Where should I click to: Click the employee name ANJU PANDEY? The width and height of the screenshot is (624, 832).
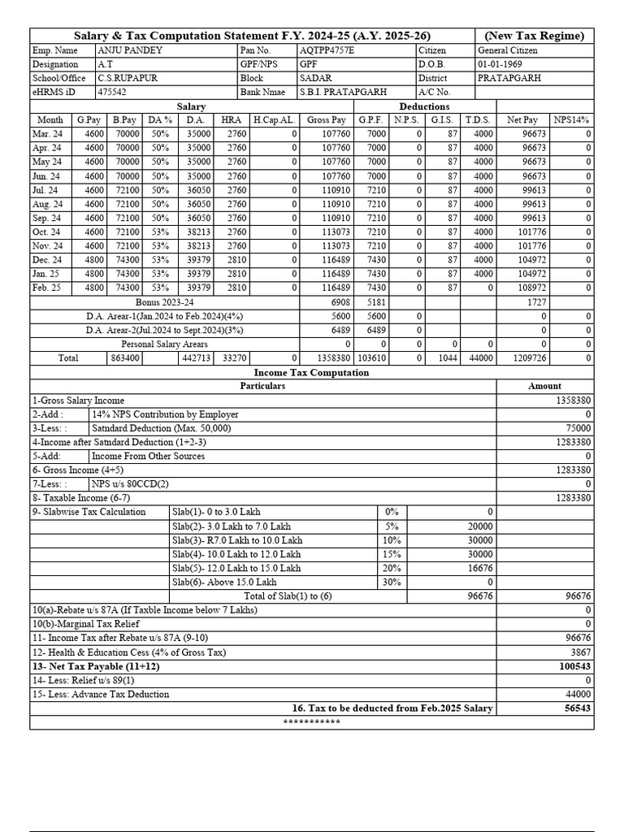click(129, 50)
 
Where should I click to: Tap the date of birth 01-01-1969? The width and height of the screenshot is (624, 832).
click(500, 64)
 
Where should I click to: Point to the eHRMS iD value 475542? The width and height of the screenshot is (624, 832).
click(112, 93)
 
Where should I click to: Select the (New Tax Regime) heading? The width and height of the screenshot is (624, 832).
click(534, 36)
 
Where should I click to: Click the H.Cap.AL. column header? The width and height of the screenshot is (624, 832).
click(273, 120)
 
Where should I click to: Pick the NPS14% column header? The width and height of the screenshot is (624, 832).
click(572, 120)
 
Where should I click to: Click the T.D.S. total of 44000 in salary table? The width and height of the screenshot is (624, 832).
click(482, 358)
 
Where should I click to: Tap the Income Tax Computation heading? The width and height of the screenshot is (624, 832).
click(312, 372)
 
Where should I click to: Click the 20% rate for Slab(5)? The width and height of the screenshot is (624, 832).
click(392, 568)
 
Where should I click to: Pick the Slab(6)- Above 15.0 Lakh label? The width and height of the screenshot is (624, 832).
click(224, 583)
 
